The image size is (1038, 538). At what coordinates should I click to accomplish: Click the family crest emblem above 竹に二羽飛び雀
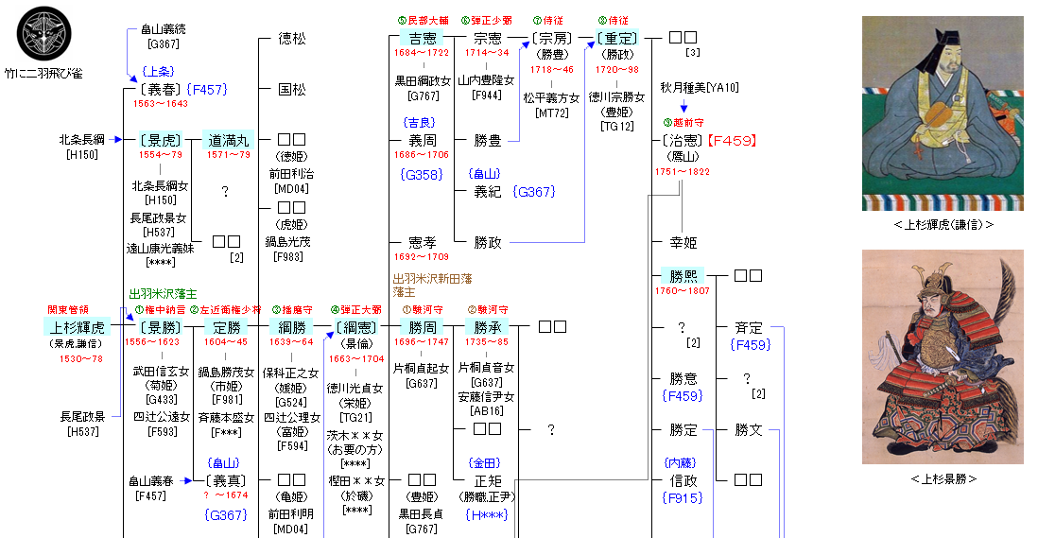click(x=43, y=34)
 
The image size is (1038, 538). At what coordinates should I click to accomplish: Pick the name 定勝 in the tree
click(x=222, y=327)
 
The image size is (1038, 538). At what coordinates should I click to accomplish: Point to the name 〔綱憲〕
click(x=356, y=327)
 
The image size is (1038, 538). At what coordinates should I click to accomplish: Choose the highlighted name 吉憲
click(x=416, y=39)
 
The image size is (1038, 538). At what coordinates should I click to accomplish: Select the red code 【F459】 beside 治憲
click(x=732, y=140)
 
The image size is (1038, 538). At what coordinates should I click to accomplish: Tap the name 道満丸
click(x=228, y=140)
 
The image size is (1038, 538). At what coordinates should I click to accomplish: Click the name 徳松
click(x=291, y=40)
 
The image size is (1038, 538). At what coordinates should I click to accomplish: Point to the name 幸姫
click(x=683, y=242)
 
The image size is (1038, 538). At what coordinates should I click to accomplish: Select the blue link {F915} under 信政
click(x=683, y=496)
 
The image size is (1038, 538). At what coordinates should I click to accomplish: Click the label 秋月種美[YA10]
click(x=700, y=87)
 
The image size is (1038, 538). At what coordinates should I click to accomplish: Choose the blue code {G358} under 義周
click(x=421, y=175)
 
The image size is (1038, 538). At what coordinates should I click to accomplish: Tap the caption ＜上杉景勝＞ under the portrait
click(x=943, y=479)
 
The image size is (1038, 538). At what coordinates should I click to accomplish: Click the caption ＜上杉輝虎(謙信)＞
click(x=943, y=225)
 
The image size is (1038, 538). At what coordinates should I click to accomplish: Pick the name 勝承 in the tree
click(x=488, y=327)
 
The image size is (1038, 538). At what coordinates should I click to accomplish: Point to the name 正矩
click(x=488, y=479)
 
